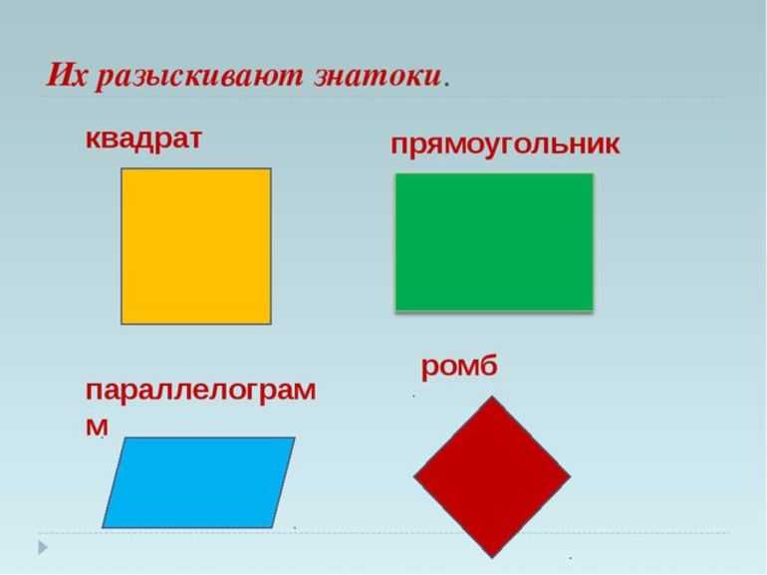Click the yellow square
tap(196, 246)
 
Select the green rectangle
tap(494, 242)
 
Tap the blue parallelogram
tap(198, 482)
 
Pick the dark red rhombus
tap(492, 476)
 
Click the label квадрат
tap(143, 140)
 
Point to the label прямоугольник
tap(505, 144)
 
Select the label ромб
tap(459, 367)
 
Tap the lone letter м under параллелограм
tap(97, 427)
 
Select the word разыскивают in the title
tap(199, 78)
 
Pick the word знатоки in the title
tap(378, 77)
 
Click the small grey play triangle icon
tap(43, 548)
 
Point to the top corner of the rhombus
tap(492, 397)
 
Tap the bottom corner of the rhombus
tap(492, 557)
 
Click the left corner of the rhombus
tap(413, 476)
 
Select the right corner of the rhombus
tap(571, 476)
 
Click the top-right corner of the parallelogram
tap(295, 437)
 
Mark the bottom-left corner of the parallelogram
tap(103, 528)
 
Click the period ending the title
tap(446, 86)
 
